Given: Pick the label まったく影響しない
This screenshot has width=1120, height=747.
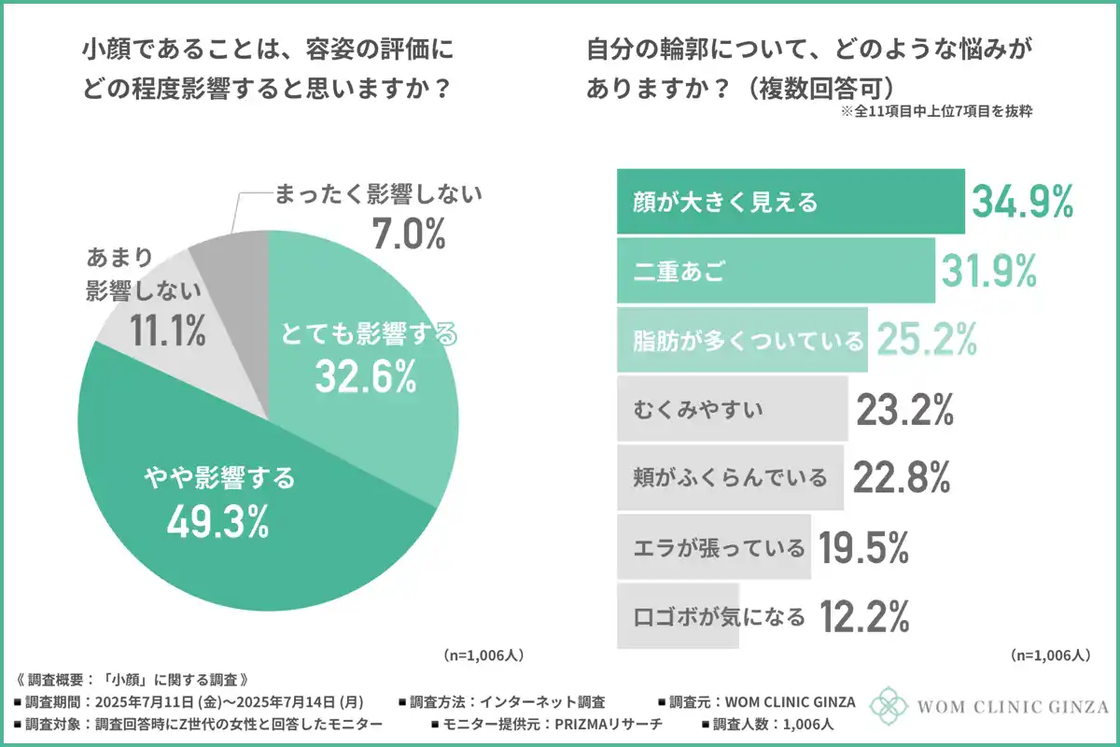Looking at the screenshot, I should (378, 195).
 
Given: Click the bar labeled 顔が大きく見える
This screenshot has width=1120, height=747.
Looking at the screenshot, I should (790, 201).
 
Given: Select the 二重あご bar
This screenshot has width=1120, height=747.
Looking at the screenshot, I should (776, 270).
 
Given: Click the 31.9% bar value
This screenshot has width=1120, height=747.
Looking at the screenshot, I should (989, 271).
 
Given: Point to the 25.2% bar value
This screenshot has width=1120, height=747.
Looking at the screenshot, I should (924, 340).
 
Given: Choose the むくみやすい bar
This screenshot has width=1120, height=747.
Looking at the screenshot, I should (732, 408).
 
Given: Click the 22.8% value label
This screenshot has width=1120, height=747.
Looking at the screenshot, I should (901, 477).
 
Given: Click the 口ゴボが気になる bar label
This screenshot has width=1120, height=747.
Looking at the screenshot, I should (719, 616).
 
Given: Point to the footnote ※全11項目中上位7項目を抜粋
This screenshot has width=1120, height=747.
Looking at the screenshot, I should (936, 111).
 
